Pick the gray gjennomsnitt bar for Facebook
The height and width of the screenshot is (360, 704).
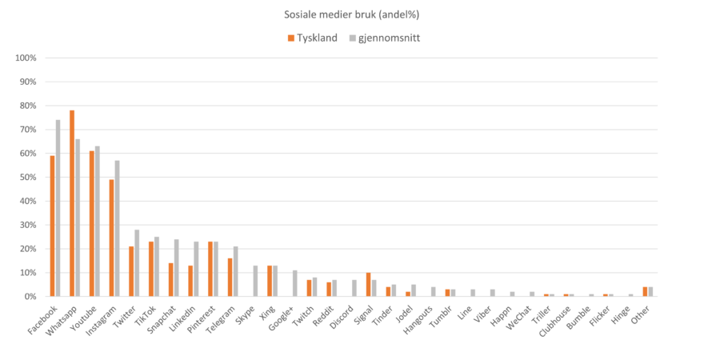point(58,208)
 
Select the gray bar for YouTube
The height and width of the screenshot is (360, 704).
point(98,221)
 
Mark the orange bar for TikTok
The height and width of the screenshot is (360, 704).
point(150,269)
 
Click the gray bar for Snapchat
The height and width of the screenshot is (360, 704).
point(177,267)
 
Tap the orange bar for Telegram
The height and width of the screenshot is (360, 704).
point(230,277)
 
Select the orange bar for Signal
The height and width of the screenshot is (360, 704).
point(368,285)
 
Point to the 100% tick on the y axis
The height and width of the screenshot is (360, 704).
point(26,58)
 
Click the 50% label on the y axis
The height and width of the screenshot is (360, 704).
point(28,177)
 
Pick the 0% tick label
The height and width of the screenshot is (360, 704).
point(30,296)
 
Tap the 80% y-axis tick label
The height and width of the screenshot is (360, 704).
point(28,106)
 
